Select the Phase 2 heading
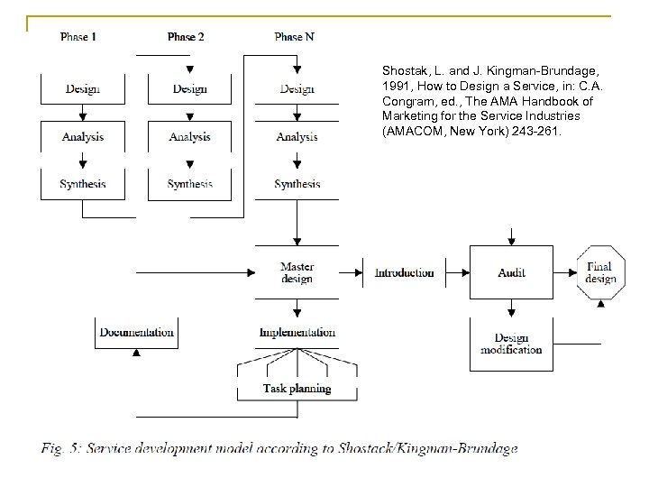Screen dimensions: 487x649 point(186,37)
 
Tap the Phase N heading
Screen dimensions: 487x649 point(296,37)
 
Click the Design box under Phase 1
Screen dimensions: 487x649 point(83,89)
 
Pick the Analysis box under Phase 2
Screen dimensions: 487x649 point(190,137)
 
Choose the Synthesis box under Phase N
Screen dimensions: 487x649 point(297,184)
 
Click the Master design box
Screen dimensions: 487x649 point(297,272)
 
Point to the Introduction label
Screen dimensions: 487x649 point(404,272)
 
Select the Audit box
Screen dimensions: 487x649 point(511,272)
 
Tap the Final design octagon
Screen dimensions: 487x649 point(600,272)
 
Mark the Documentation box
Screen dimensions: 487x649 point(136,333)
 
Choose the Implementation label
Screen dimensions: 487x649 point(297,333)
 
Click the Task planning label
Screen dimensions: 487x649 point(297,389)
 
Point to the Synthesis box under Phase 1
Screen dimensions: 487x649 point(83,184)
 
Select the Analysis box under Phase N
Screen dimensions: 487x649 point(297,137)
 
